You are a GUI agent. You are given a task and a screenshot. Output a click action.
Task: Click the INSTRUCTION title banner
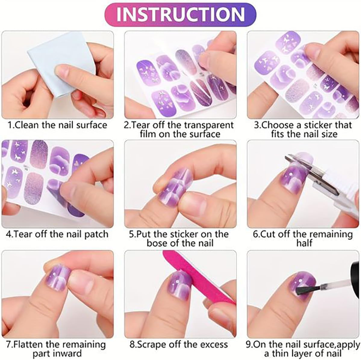pos(181,14)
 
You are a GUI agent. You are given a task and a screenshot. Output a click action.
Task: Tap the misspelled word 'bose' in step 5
pos(157,243)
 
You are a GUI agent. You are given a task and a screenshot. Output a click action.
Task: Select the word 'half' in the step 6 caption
pos(303,243)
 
